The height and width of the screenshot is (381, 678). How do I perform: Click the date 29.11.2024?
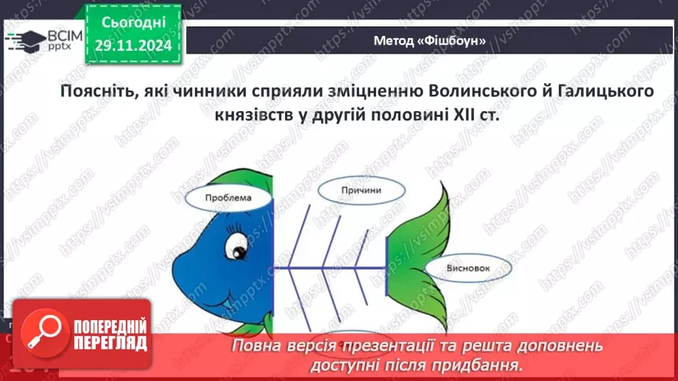coord(133,46)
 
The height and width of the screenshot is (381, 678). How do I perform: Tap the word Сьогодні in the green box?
coord(133,23)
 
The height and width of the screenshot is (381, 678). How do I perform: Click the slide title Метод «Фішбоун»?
coord(430,41)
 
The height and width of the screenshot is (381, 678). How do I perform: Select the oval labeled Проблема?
coord(227,198)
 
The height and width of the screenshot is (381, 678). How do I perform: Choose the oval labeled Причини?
coord(361,190)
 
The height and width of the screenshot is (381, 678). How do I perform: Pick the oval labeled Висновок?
coord(467,268)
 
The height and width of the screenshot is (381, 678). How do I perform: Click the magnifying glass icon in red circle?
coord(40,333)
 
